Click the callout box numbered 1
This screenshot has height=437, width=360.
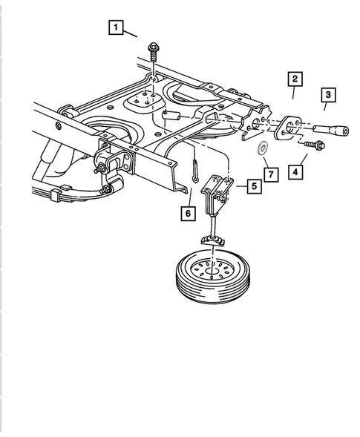[x=115, y=28]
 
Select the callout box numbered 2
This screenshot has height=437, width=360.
[x=295, y=79]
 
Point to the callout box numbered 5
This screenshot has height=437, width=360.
[x=254, y=186]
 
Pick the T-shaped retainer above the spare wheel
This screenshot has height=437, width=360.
[x=214, y=239]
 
